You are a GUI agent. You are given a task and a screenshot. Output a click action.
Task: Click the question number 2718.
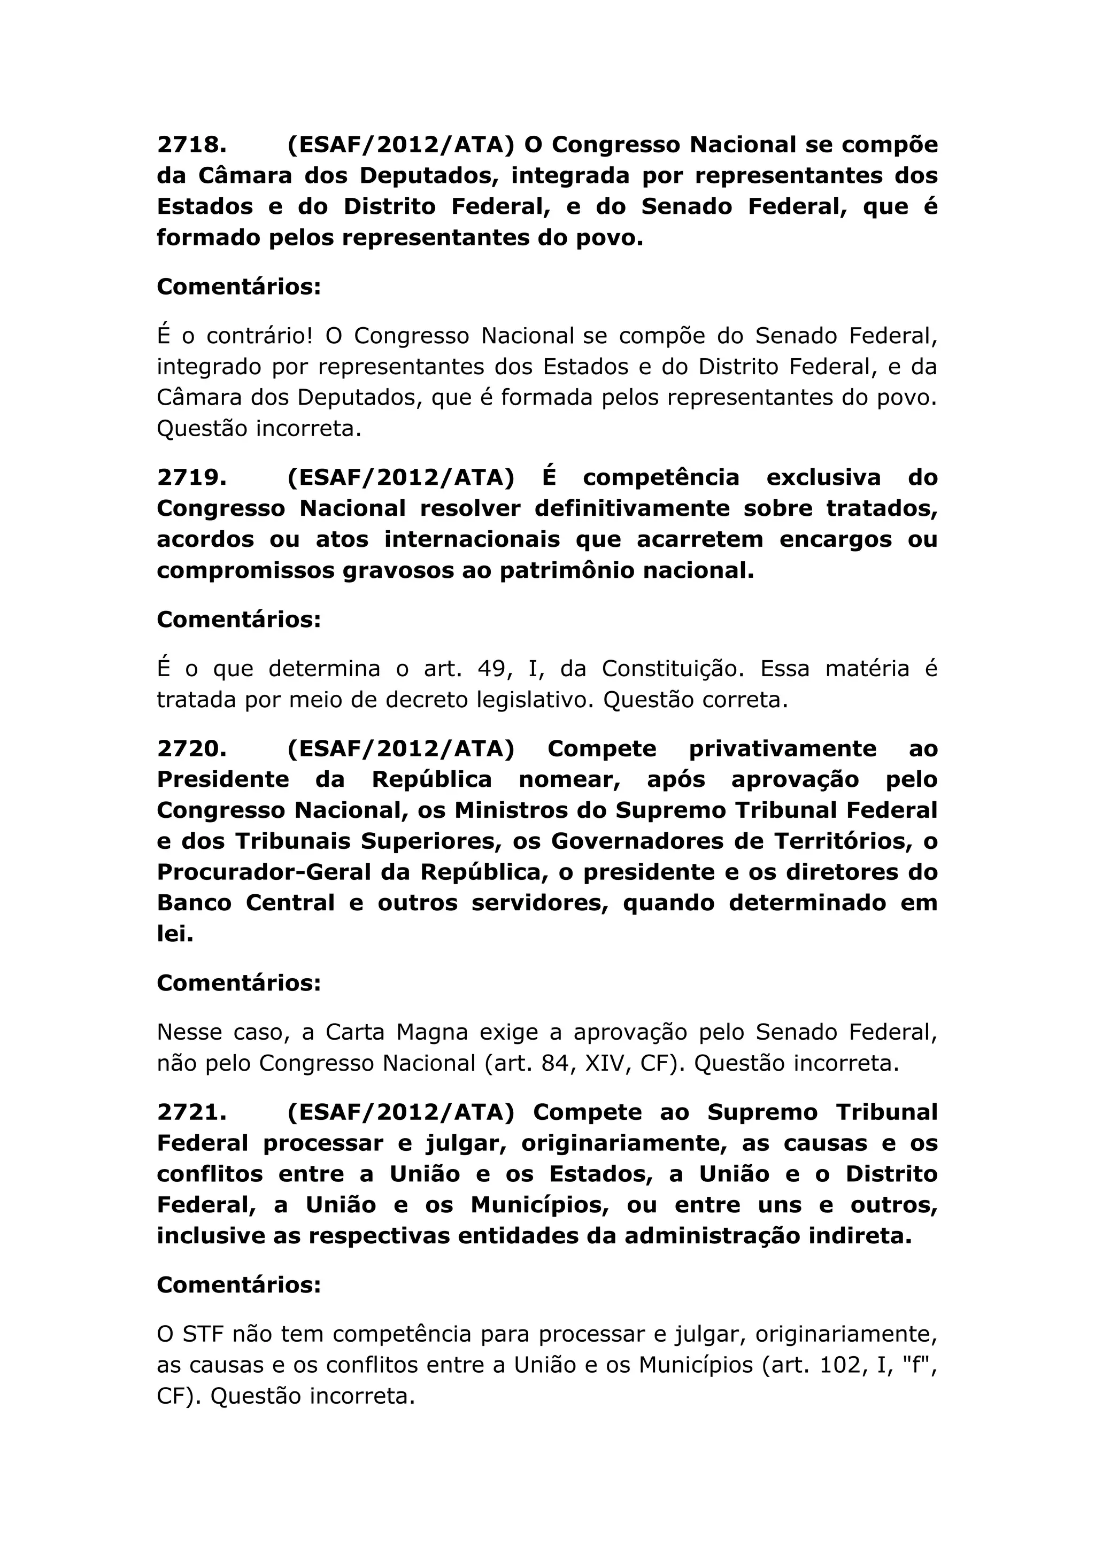coord(191,144)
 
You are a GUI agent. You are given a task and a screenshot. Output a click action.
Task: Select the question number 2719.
coord(191,477)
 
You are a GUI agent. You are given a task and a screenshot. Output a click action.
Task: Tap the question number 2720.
coord(191,748)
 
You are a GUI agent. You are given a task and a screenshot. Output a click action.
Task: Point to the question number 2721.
coord(191,1112)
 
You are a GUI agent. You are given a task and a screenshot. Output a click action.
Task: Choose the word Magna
coord(432,1032)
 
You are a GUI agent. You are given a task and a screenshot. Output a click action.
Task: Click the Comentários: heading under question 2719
coord(238,619)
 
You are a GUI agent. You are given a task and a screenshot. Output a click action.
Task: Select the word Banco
coord(194,903)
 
